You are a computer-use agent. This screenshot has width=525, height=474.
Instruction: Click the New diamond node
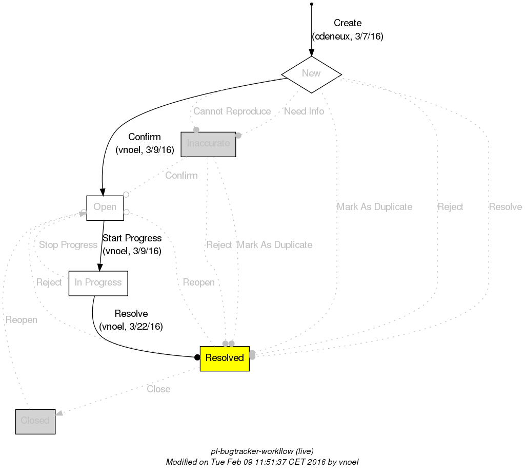click(x=311, y=73)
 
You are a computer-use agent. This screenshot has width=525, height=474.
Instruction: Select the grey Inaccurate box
click(x=208, y=144)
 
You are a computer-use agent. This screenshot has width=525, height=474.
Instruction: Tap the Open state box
click(x=105, y=207)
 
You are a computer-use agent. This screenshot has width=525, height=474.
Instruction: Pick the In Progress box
click(x=98, y=283)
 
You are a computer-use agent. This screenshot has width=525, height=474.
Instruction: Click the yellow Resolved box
click(x=224, y=358)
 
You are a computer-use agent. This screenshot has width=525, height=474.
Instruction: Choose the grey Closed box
click(x=35, y=421)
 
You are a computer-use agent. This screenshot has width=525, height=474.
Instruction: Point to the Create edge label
click(x=347, y=23)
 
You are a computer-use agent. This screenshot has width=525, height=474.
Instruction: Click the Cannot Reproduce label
click(x=232, y=111)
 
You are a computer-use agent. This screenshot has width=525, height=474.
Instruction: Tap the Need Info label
click(x=304, y=111)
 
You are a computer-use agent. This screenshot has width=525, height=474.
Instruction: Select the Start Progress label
click(x=132, y=238)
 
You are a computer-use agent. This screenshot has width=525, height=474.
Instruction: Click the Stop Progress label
click(x=68, y=245)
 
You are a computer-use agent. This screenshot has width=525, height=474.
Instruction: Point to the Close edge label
click(x=158, y=389)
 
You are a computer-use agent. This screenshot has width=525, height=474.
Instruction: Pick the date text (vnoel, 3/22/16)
click(x=131, y=327)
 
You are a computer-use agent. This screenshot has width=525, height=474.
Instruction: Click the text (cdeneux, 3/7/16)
click(x=348, y=36)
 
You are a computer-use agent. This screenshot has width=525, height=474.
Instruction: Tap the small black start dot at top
click(x=311, y=4)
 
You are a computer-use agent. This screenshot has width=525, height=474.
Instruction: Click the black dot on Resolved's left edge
click(x=197, y=357)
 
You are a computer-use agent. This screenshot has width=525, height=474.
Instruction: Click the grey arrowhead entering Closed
click(x=59, y=413)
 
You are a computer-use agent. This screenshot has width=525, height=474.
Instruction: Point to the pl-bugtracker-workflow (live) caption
click(x=262, y=451)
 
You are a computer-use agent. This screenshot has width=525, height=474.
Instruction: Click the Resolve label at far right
click(x=505, y=207)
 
